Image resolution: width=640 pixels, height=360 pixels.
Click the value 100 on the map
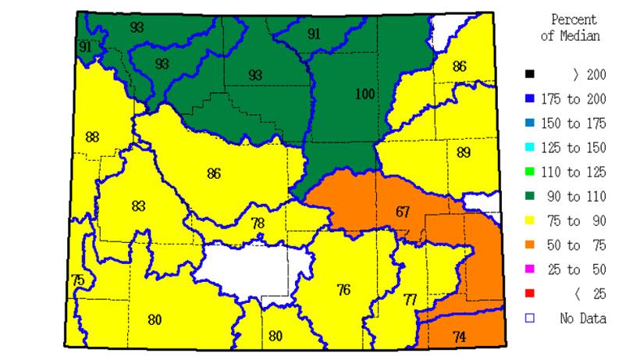(364, 94)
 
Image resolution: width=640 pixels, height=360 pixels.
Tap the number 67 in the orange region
(403, 212)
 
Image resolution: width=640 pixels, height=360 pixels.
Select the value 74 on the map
(460, 337)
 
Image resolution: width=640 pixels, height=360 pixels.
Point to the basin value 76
(343, 290)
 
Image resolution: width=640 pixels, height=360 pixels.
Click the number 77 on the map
(411, 299)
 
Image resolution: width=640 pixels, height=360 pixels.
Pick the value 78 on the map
(258, 223)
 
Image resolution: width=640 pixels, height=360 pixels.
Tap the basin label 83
(138, 206)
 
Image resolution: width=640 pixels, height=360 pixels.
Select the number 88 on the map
(92, 137)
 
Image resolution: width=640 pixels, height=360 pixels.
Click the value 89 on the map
(464, 152)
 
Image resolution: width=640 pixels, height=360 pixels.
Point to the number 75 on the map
(77, 280)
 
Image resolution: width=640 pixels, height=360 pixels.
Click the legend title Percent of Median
(574, 27)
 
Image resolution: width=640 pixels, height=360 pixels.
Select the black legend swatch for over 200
(530, 75)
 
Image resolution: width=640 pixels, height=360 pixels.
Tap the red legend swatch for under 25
(530, 294)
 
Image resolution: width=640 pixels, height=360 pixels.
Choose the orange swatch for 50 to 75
(530, 245)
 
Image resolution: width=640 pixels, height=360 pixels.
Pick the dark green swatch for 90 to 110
(530, 197)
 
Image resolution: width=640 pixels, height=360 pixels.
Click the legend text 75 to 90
(577, 221)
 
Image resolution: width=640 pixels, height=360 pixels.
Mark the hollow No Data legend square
(530, 318)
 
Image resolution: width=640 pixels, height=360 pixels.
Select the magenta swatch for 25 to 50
(530, 269)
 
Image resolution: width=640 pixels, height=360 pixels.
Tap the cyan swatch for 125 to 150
(530, 148)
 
